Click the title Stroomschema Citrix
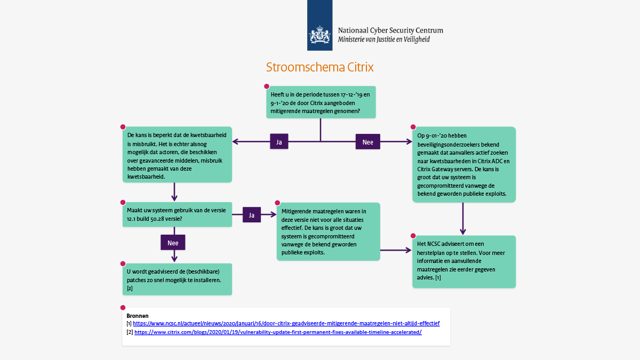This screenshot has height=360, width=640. [319, 68]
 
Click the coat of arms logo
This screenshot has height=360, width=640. [319, 36]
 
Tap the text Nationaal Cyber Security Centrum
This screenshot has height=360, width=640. [390, 30]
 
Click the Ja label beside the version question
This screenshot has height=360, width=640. [252, 215]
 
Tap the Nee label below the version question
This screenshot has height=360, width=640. [173, 242]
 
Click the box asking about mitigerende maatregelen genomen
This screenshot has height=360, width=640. [321, 102]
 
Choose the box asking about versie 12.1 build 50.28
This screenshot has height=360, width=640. [177, 214]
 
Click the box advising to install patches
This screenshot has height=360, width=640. [177, 279]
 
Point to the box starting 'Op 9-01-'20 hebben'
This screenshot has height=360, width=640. [463, 164]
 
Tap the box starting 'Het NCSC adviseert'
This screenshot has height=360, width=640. [463, 261]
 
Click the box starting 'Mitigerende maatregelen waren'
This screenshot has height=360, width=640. [328, 231]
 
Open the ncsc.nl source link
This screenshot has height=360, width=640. [286, 323]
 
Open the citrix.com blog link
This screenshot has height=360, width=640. [278, 332]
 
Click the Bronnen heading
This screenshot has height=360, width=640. [137, 316]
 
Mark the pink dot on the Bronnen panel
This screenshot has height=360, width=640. [123, 308]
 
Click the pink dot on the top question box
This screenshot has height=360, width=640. [267, 86]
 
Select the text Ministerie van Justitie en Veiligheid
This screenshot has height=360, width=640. [383, 39]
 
